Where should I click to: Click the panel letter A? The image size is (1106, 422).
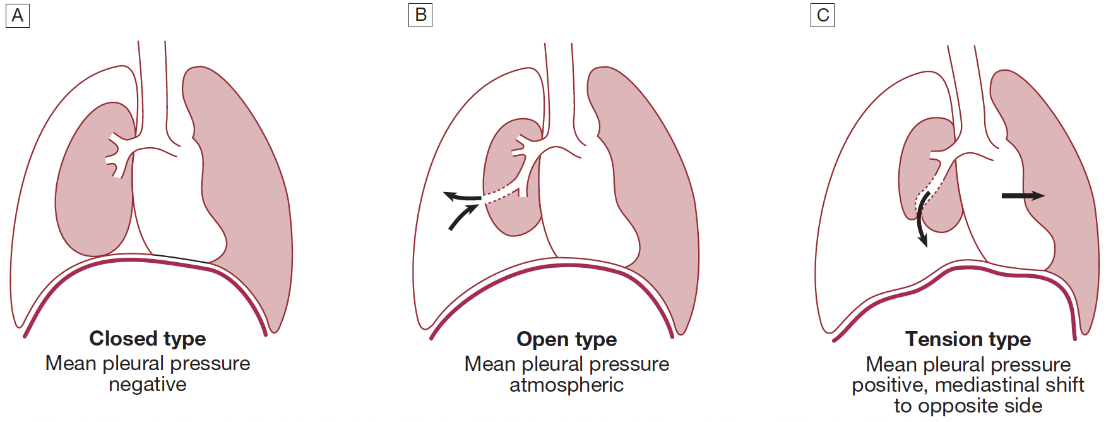tap(18, 15)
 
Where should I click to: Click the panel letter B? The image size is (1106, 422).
tap(420, 15)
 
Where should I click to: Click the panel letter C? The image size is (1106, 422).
tap(823, 15)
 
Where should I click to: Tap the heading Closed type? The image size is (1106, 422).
tap(148, 339)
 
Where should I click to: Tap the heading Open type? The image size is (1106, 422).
tap(566, 339)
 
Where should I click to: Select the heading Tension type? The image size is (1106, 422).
tap(968, 339)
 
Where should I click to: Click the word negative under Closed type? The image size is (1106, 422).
tap(148, 384)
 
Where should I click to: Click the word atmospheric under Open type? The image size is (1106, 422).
tap(566, 385)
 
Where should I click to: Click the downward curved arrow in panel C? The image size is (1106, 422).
tap(921, 221)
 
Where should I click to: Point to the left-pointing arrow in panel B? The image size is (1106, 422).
tap(461, 197)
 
